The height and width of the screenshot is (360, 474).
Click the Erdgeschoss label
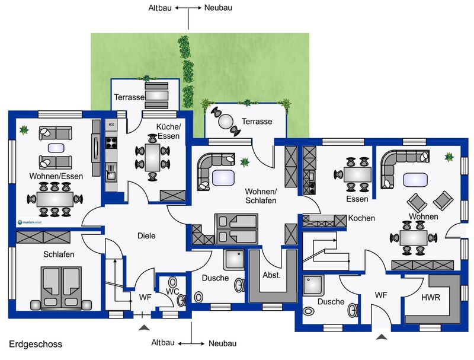click(x=36, y=344)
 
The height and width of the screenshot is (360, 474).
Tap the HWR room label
click(x=431, y=297)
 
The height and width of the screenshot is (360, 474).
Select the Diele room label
click(x=146, y=235)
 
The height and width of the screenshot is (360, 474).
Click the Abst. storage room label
click(x=271, y=275)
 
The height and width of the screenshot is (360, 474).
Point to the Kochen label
click(x=361, y=218)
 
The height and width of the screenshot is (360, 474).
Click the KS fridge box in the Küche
click(x=111, y=125)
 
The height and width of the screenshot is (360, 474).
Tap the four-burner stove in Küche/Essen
click(x=111, y=142)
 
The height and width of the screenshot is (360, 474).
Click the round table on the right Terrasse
click(x=226, y=122)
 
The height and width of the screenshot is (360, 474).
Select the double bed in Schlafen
click(x=62, y=288)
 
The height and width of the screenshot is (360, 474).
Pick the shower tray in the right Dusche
click(x=313, y=285)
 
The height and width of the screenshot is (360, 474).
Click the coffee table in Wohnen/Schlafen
click(x=223, y=178)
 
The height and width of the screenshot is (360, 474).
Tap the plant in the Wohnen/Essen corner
click(x=24, y=130)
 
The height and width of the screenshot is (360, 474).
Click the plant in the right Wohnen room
click(x=449, y=157)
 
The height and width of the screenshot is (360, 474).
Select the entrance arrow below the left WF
click(x=144, y=327)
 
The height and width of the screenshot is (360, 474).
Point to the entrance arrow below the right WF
click(x=381, y=337)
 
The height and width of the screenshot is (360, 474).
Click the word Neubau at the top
click(x=218, y=8)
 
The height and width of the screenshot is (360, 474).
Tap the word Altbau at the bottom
click(x=163, y=342)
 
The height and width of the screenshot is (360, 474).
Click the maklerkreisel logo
click(x=30, y=222)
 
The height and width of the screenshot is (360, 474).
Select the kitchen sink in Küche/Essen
click(x=111, y=171)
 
